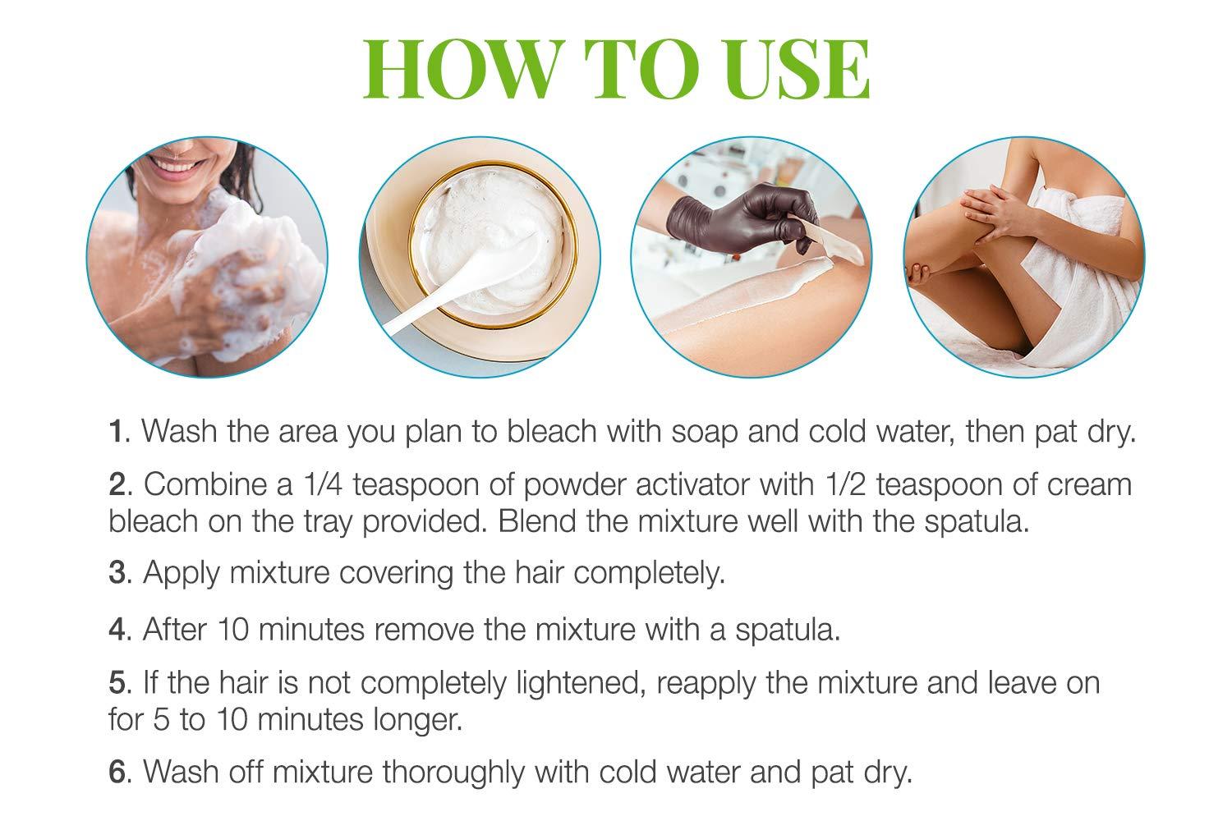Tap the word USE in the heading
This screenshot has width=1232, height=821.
pyautogui.click(x=780, y=69)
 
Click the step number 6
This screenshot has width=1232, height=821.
pyautogui.click(x=117, y=773)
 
